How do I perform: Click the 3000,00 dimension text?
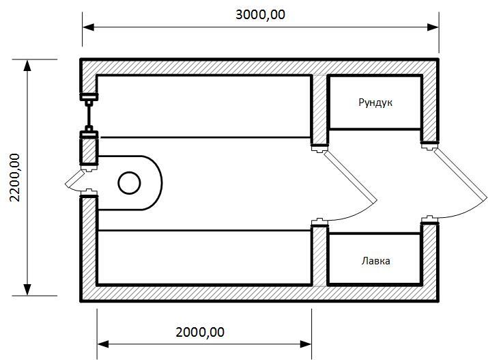point(261,15)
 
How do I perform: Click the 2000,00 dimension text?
point(200,333)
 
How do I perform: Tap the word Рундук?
point(375,103)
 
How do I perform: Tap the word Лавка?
point(375,261)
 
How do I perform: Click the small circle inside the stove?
point(128,183)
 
